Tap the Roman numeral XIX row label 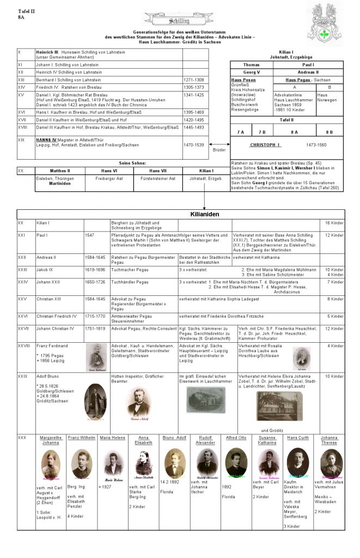[21, 139]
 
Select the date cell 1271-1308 [193, 80]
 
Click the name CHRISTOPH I [265, 145]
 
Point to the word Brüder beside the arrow [218, 149]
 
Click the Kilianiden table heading [204, 215]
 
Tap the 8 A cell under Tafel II [294, 132]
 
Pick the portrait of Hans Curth [297, 463]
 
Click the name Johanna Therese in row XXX [328, 440]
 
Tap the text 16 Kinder [334, 223]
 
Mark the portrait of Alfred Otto [236, 462]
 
